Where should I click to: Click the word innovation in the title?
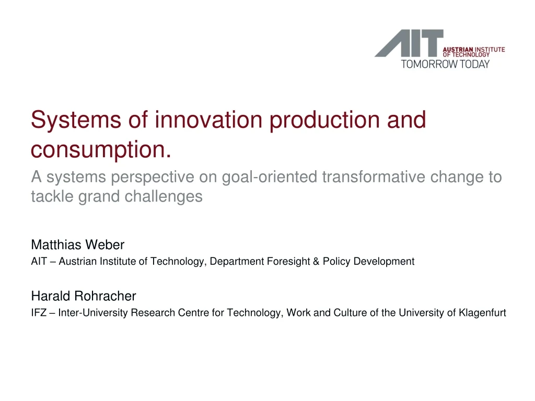coord(208,120)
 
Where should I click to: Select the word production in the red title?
coord(324,121)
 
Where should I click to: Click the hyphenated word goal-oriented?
coord(270,178)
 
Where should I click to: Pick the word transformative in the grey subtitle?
coord(374,176)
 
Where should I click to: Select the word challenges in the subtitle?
coord(164,197)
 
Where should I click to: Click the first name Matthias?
coord(56,244)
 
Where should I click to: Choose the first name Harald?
coord(51,296)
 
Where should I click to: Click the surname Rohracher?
coord(105,296)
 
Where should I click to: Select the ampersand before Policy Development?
coord(316,261)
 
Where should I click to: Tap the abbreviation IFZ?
coord(39,313)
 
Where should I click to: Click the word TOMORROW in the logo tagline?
coord(429,64)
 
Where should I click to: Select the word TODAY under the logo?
coord(474,64)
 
